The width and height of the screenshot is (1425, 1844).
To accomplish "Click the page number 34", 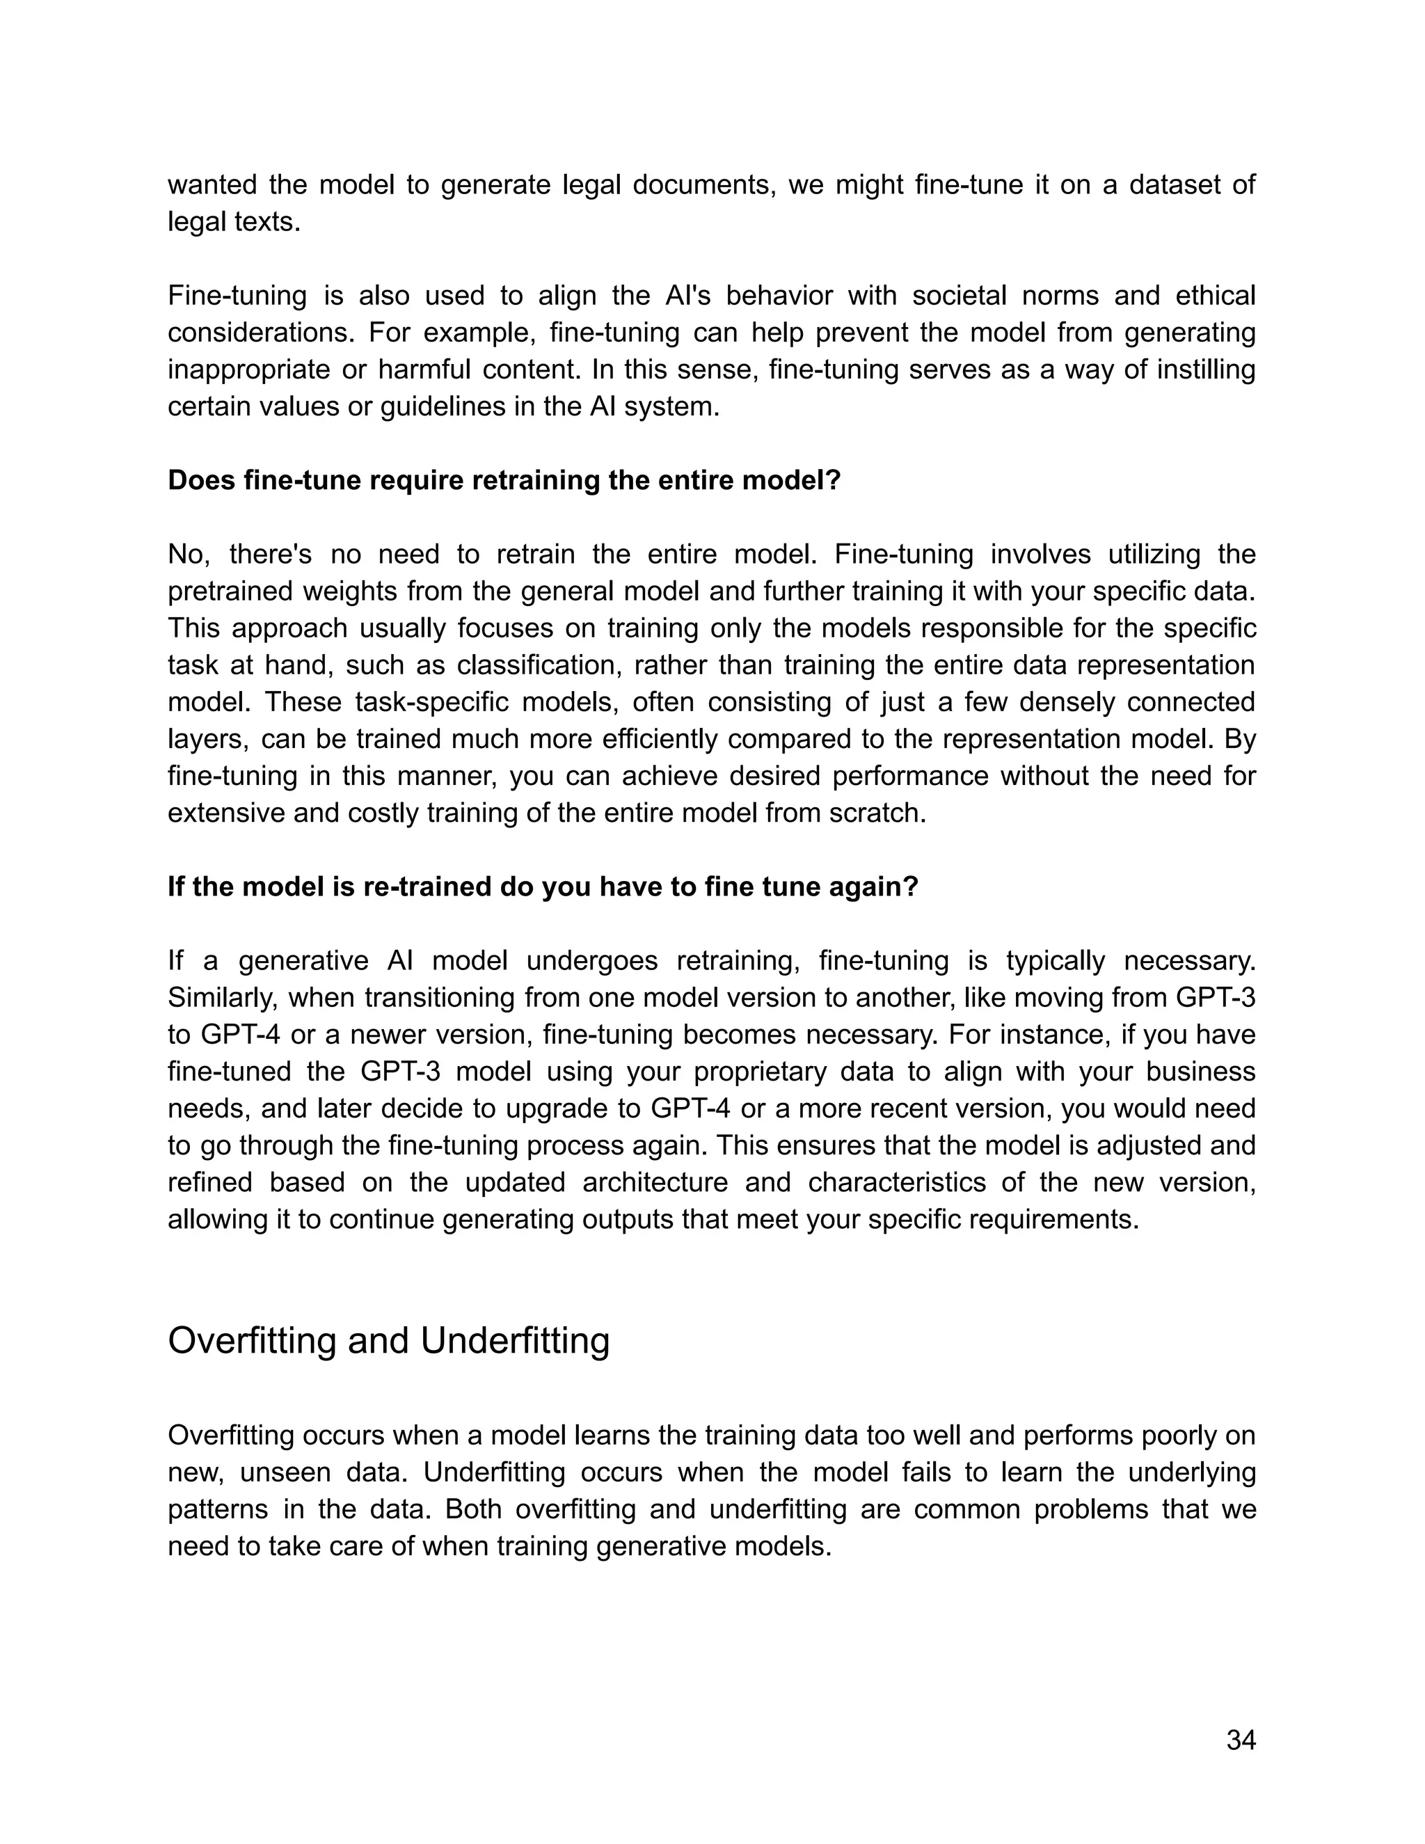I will [1240, 1740].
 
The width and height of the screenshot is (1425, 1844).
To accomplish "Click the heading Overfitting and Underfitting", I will [388, 1341].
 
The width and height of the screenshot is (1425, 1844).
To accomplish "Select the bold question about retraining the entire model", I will [504, 480].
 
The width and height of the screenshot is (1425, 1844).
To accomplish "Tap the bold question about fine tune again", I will [542, 887].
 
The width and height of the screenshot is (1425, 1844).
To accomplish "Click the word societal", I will [868, 296].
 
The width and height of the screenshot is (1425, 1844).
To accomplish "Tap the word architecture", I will [654, 1182].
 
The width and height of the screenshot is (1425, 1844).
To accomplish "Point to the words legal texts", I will [234, 222].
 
